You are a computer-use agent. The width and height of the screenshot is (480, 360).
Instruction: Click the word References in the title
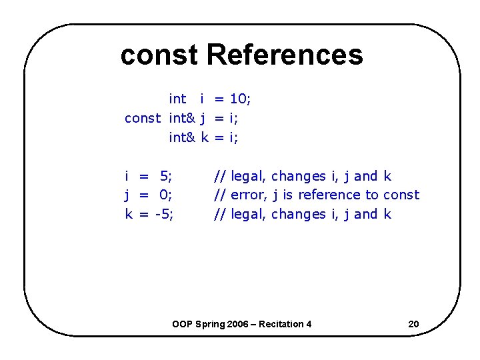(x=285, y=55)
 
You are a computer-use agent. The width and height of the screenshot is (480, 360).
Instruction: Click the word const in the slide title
(x=159, y=55)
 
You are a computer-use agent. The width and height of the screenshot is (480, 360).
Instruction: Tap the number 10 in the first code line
(x=238, y=99)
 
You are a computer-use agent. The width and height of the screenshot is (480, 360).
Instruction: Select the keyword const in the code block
(x=143, y=119)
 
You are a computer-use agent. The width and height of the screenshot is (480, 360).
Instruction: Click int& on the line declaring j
(x=181, y=119)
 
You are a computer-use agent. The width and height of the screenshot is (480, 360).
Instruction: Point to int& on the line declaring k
(x=181, y=138)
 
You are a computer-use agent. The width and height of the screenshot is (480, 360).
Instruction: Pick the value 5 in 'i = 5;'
(x=165, y=177)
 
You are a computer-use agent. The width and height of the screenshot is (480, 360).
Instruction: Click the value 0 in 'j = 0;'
(x=165, y=195)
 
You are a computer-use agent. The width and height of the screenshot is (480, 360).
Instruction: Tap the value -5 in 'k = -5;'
(x=163, y=215)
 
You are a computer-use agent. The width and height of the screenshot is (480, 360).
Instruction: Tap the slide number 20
(x=413, y=325)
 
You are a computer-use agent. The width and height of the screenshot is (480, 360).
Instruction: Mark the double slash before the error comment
(x=219, y=195)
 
